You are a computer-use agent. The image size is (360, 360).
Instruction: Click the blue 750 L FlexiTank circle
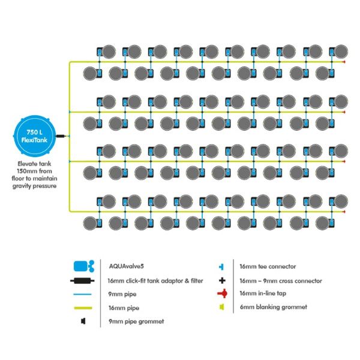point(34,136)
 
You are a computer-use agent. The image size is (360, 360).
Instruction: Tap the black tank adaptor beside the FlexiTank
point(61,136)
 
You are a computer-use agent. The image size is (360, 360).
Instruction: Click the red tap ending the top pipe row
point(344,62)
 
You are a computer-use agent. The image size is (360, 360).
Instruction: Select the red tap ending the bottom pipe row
point(344,212)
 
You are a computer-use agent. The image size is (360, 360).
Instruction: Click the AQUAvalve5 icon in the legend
point(84,266)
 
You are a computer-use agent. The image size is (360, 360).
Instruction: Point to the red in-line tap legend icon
point(223,293)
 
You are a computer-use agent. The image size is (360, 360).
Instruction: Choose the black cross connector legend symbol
point(222,280)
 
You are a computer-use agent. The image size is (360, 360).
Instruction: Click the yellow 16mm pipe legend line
point(83,308)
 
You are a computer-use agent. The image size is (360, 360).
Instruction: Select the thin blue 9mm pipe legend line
point(82,295)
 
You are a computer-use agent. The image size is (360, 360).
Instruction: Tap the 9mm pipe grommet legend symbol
point(83,321)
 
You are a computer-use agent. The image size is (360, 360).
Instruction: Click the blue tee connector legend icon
point(221,267)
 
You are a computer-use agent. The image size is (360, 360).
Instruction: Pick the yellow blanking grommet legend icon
point(222,307)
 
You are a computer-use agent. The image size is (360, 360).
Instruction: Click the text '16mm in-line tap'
point(263,293)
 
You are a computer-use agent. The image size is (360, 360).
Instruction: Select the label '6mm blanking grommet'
point(274,307)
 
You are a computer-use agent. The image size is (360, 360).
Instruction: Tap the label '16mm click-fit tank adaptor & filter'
point(155,281)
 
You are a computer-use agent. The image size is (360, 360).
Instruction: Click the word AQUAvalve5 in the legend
point(126,266)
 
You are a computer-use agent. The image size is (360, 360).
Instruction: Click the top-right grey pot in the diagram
point(341,52)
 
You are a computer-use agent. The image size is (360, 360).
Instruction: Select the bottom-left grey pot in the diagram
point(90,223)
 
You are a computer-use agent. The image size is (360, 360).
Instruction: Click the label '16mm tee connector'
point(268,266)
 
